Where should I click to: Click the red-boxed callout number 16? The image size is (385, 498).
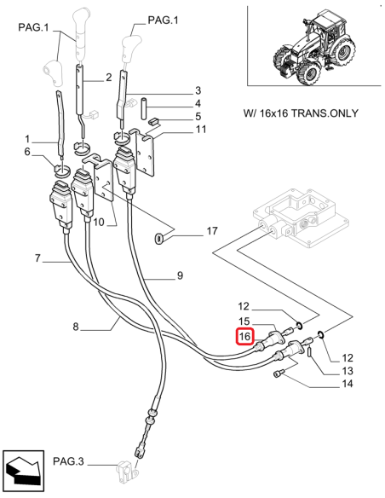[244, 336]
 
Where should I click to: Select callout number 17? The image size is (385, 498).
[211, 231]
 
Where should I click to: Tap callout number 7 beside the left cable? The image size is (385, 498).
[37, 258]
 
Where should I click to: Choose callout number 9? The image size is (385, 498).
[180, 275]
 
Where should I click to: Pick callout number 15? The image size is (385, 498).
[244, 321]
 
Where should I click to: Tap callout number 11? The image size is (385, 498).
[201, 130]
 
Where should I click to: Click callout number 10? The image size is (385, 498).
[99, 223]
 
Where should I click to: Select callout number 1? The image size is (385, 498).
[27, 138]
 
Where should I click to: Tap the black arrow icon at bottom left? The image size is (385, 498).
[23, 471]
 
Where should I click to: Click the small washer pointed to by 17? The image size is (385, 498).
[160, 237]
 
